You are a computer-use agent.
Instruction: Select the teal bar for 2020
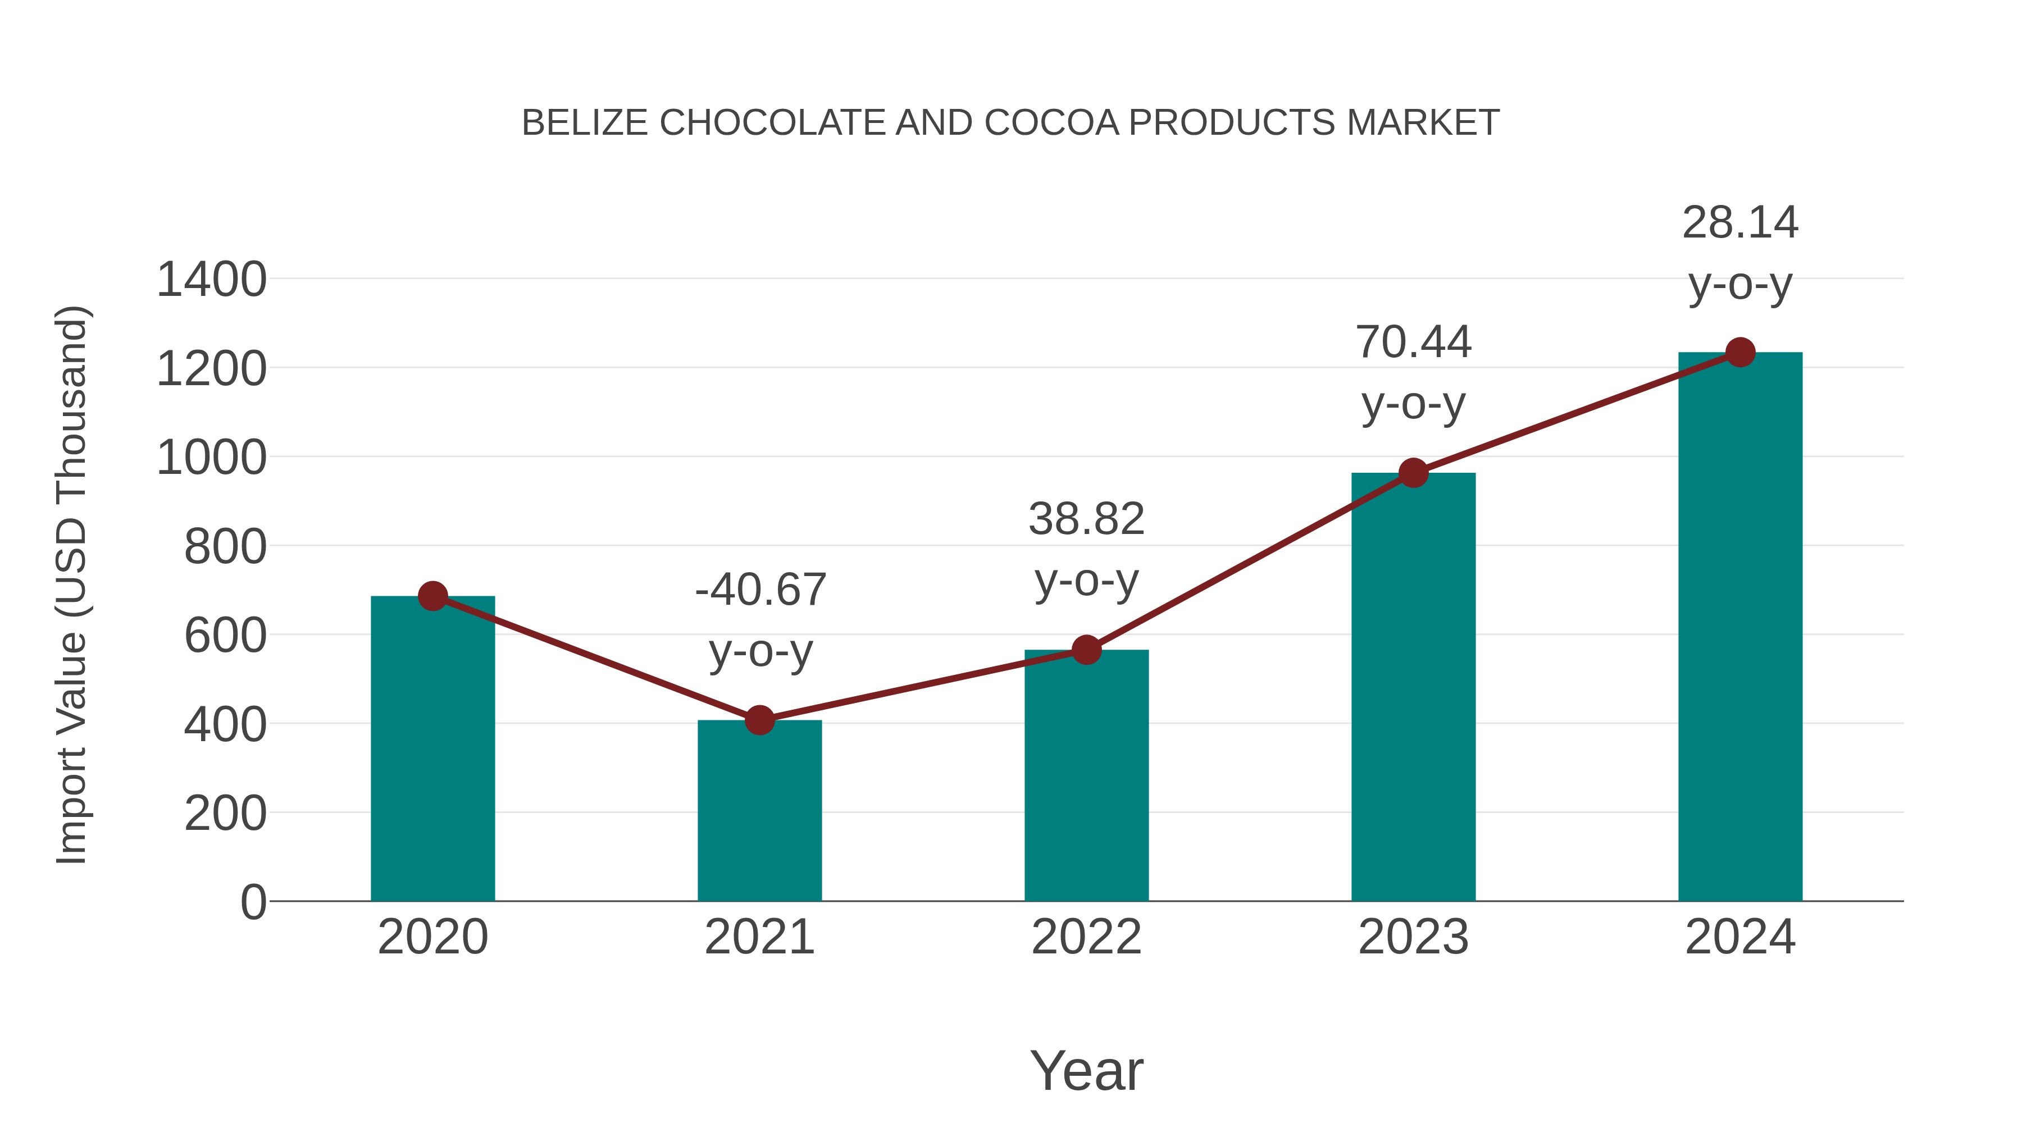point(432,750)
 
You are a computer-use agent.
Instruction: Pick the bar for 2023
point(1413,687)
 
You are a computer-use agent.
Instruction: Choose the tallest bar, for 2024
point(1740,628)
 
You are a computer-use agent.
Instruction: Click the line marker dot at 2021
point(759,720)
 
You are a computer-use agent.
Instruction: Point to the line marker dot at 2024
point(1740,352)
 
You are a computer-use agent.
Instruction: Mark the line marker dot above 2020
point(432,596)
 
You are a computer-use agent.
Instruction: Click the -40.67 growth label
point(760,590)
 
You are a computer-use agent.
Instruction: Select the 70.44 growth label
point(1413,343)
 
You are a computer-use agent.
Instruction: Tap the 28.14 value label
point(1740,223)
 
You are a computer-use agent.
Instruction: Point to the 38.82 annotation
point(1086,519)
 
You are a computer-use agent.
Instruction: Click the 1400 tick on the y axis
point(211,280)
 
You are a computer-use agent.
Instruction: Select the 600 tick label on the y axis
point(225,636)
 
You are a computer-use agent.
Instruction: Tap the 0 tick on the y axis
point(253,902)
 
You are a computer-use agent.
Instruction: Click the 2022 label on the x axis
point(1086,937)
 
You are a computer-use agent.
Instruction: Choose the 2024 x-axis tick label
point(1740,937)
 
